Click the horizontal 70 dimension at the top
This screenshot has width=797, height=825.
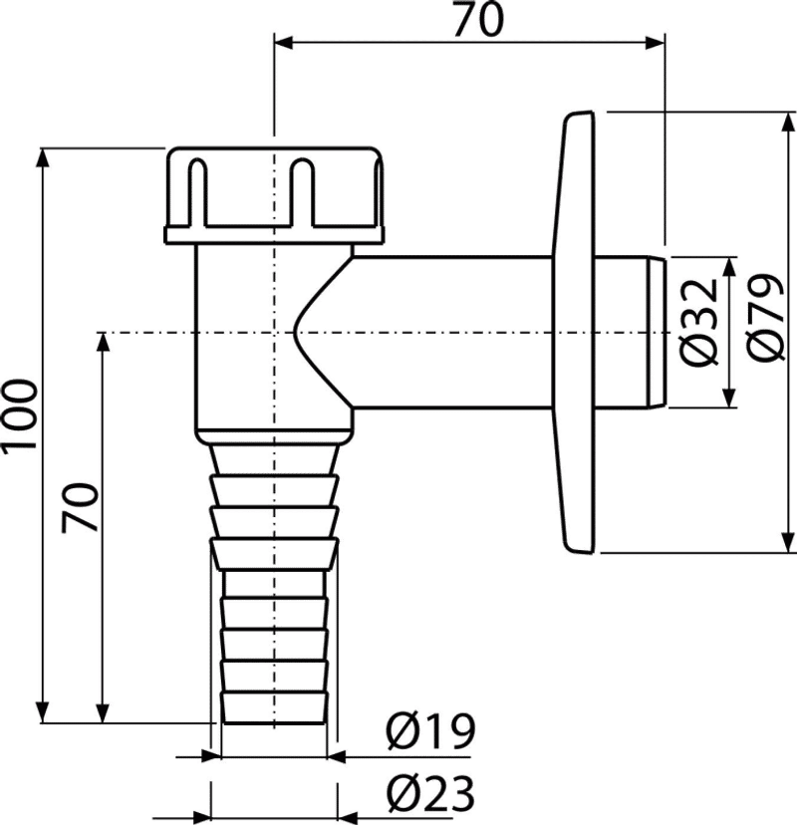tap(478, 21)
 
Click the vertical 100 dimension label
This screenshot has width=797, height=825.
tap(20, 415)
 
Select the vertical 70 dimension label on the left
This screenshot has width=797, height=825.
tap(80, 507)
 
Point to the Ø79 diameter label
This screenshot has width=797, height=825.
tap(766, 317)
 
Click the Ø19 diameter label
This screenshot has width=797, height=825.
tap(430, 731)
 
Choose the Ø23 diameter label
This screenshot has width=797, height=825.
tap(430, 794)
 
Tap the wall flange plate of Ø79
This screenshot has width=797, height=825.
tap(575, 332)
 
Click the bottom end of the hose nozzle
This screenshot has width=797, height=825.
tap(274, 723)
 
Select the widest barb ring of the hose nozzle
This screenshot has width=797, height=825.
tap(274, 554)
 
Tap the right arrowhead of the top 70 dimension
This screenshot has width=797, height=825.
tap(655, 43)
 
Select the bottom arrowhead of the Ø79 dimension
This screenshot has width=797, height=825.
tap(787, 542)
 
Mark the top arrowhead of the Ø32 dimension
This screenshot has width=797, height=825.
tap(729, 268)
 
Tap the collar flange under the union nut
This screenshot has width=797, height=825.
tap(274, 235)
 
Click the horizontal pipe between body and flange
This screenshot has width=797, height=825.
tap(452, 332)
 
